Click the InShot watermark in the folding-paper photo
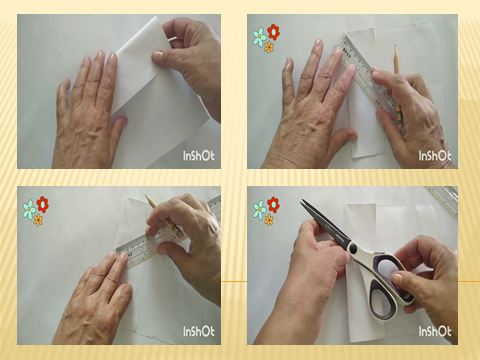[199, 156]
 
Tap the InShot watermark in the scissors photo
[435, 331]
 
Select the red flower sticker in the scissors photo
[273, 204]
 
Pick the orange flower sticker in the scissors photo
[269, 220]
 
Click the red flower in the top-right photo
[273, 32]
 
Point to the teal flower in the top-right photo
[259, 37]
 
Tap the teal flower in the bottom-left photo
[29, 209]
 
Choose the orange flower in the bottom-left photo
[38, 220]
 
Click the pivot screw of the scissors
[353, 248]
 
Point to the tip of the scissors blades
[302, 200]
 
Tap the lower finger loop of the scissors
[382, 301]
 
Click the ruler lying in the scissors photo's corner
[442, 201]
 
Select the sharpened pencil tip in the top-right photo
[396, 46]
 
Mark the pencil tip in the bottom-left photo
[146, 196]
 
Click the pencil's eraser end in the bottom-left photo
[180, 234]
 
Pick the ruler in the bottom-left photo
[167, 233]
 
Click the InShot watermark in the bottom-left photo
[199, 331]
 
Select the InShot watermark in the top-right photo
[435, 156]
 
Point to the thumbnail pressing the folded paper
[157, 56]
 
